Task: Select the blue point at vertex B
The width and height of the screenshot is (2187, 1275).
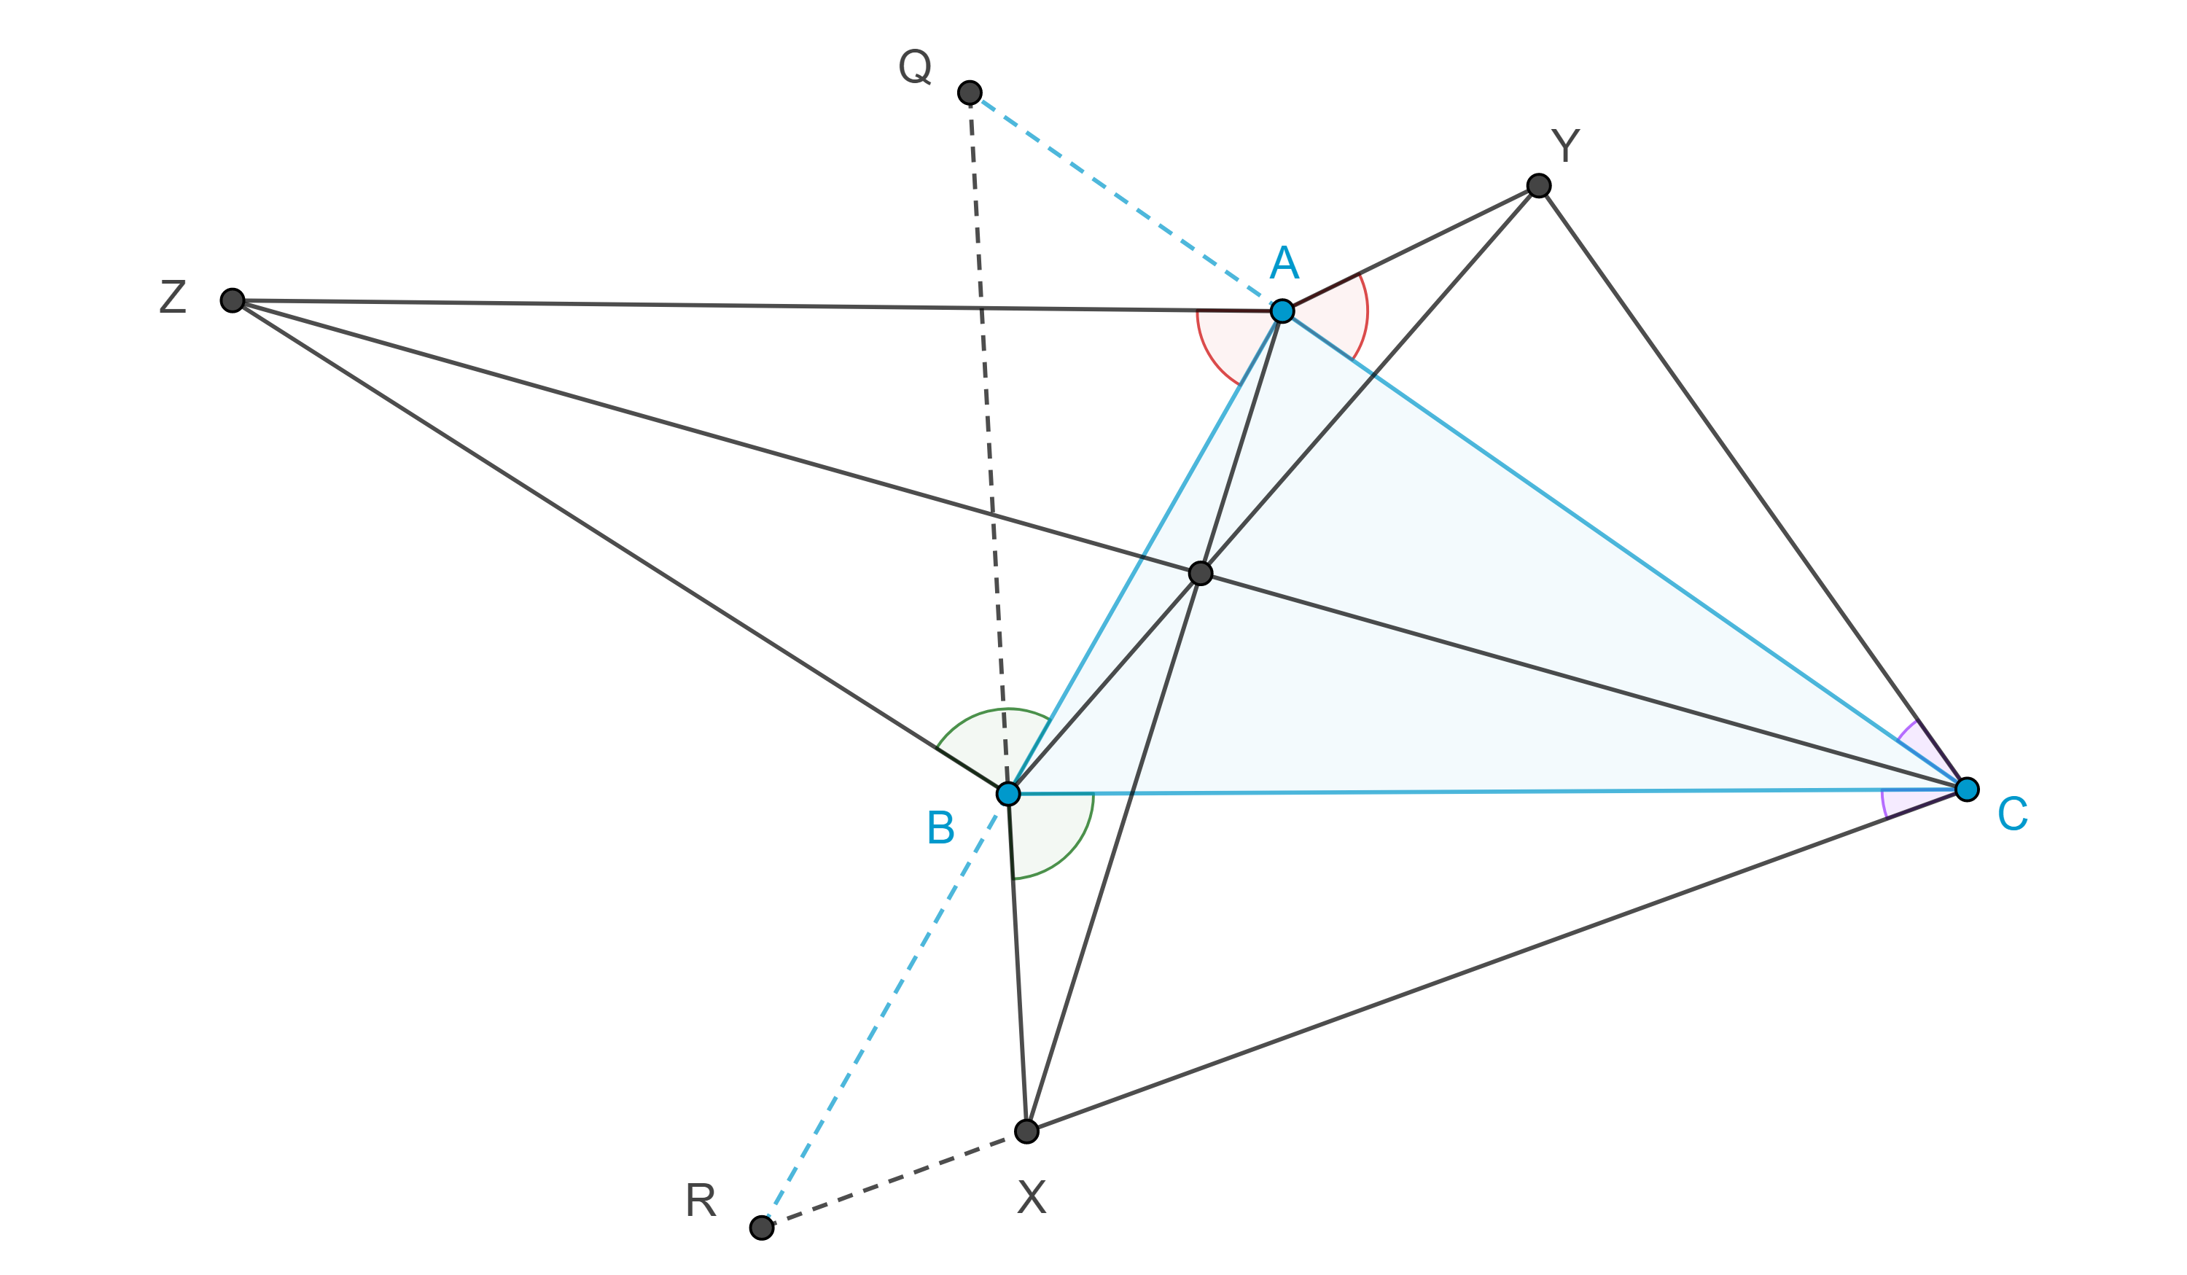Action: (x=1007, y=793)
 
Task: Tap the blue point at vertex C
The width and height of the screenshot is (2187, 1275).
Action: (x=1967, y=789)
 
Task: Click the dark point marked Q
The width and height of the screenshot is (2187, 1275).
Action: (x=970, y=92)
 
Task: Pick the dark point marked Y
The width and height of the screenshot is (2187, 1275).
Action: (x=1539, y=186)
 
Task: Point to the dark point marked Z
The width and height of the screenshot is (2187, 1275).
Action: (x=232, y=300)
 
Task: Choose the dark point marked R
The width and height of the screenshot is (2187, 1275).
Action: (x=761, y=1228)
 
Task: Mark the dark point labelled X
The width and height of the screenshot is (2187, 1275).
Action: (x=1026, y=1131)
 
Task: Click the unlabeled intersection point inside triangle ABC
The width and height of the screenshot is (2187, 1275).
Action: (x=1200, y=573)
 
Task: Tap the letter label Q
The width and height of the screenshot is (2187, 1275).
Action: (x=915, y=67)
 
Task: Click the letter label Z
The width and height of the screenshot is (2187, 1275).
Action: (x=173, y=297)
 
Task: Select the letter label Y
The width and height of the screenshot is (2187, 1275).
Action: (x=1566, y=146)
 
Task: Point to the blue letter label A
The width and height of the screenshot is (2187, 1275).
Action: (x=1284, y=262)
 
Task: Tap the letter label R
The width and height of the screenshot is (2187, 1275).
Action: (x=701, y=1201)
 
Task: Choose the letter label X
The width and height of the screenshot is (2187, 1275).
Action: (x=1032, y=1198)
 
